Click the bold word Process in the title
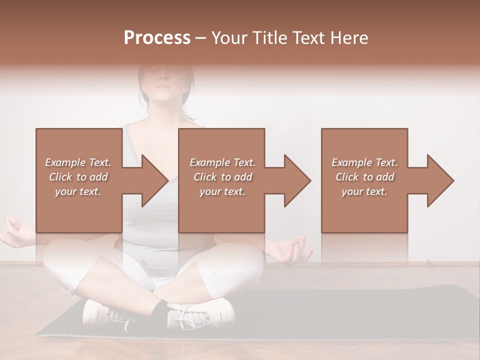[x=157, y=38]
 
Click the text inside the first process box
[x=78, y=177]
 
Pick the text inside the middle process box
[x=222, y=177]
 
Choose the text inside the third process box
[x=364, y=177]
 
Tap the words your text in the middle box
[x=222, y=191]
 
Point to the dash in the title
[x=200, y=38]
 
